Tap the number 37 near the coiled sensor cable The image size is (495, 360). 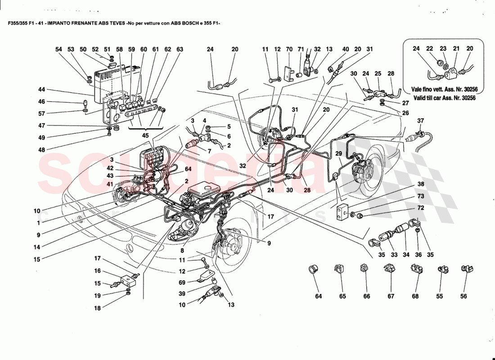(x=421, y=121)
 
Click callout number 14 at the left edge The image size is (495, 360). (x=36, y=247)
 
